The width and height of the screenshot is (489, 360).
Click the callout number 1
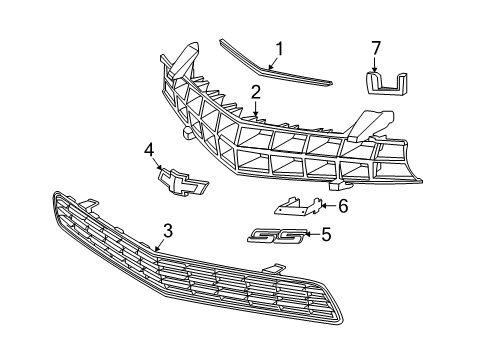click(281, 47)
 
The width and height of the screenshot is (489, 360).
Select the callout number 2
click(256, 92)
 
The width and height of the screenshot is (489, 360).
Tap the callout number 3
click(168, 230)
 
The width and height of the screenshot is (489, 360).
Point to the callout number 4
click(148, 152)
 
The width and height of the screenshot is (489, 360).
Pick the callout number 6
click(342, 207)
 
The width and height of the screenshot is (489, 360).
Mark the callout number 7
click(376, 47)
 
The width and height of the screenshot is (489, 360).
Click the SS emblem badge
click(271, 236)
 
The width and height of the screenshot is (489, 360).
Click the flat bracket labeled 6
click(295, 207)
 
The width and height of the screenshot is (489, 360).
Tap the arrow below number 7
click(376, 64)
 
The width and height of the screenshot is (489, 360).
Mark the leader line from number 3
click(160, 245)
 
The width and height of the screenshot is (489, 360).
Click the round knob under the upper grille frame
click(186, 131)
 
